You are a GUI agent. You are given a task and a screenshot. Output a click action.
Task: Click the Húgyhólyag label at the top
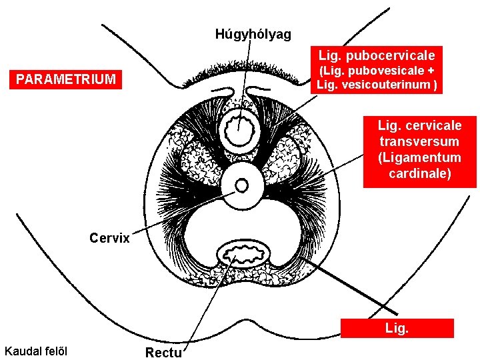253,34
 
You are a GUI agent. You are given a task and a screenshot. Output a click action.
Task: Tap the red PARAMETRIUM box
66,80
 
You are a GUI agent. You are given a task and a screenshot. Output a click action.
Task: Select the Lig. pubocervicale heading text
377,55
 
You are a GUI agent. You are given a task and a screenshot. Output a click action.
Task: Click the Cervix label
109,237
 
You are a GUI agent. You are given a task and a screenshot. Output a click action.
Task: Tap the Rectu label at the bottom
163,352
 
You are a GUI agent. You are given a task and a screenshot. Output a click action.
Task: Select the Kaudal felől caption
39,351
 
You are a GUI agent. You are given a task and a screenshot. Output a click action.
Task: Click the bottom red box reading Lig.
397,328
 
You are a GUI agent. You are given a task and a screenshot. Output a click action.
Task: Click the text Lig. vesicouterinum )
377,84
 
